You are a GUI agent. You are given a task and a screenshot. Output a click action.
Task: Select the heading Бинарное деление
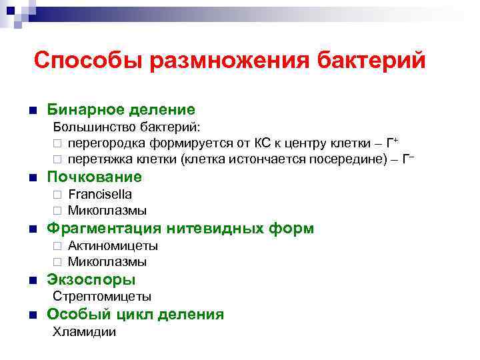[x=121, y=109]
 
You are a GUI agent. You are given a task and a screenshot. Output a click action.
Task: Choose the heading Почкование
[x=94, y=177]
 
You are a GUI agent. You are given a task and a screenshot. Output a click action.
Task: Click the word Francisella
[x=100, y=195]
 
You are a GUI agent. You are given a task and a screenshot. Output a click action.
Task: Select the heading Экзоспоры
[x=91, y=280]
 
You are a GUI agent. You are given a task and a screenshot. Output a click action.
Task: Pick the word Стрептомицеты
[x=102, y=297]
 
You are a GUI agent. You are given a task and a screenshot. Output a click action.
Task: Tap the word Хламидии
[x=84, y=332]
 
